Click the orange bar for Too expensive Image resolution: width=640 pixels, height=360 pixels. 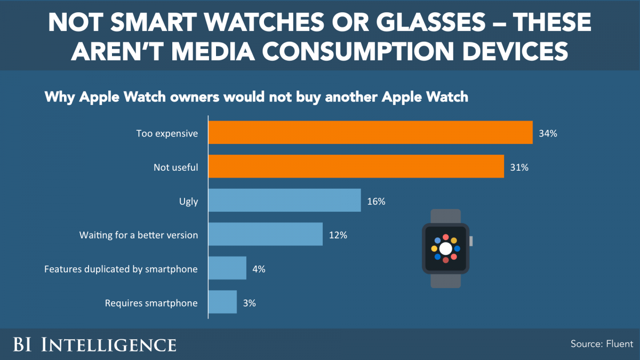(370, 133)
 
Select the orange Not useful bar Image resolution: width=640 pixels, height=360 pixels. (356, 167)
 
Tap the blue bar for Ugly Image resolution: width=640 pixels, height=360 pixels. (284, 201)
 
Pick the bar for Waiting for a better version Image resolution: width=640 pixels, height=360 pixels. (265, 234)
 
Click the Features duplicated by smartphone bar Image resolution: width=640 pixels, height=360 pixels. (227, 268)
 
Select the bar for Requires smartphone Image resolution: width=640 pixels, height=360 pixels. (222, 302)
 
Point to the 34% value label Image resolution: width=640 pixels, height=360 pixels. (548, 133)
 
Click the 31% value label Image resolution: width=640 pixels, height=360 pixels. (519, 167)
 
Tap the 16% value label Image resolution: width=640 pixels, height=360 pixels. (376, 201)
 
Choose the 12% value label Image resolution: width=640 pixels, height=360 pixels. (338, 235)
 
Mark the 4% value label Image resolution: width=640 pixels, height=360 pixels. (259, 269)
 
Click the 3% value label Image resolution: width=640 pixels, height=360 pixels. (249, 303)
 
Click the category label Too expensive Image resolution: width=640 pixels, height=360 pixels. (167, 133)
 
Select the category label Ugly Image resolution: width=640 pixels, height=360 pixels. (188, 201)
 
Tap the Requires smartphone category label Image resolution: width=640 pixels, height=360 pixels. (151, 303)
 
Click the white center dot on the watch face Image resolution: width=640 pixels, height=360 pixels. (446, 249)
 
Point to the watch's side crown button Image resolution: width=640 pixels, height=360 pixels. (471, 241)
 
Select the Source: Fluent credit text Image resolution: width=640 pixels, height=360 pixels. (602, 344)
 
